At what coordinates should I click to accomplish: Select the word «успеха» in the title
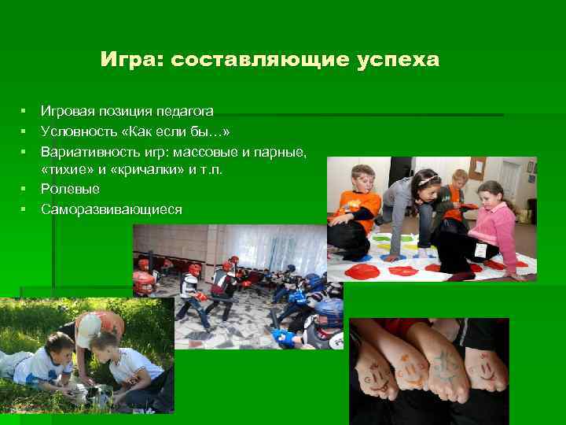pyautogui.click(x=399, y=61)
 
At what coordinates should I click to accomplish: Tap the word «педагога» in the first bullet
pyautogui.click(x=186, y=113)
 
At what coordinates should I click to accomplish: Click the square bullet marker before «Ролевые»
pyautogui.click(x=25, y=189)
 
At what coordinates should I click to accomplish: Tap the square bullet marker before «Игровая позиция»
pyautogui.click(x=25, y=113)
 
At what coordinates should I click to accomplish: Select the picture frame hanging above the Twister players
pyautogui.click(x=476, y=168)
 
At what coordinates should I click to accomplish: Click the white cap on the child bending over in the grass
pyautogui.click(x=89, y=324)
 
